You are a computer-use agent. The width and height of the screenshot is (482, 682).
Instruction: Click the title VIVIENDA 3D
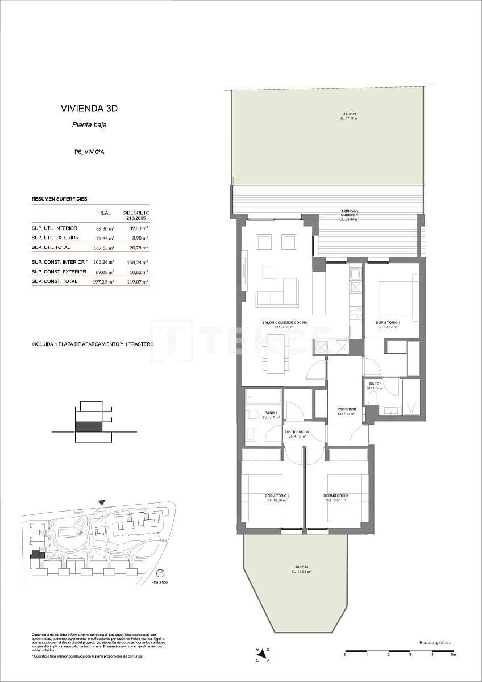click(x=89, y=108)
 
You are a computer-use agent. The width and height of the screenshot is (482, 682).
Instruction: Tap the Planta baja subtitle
click(x=89, y=125)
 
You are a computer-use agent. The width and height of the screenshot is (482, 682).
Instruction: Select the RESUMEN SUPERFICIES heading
click(x=59, y=199)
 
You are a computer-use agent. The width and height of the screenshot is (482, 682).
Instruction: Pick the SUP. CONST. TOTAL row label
click(x=55, y=281)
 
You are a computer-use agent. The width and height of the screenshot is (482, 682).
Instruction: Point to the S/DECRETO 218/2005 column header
click(x=136, y=215)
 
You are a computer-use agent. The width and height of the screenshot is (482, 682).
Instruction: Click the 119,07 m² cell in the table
click(x=138, y=281)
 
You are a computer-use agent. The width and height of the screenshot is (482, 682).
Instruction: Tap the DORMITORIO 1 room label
click(x=387, y=323)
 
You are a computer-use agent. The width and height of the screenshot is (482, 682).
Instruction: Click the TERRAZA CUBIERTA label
click(x=349, y=213)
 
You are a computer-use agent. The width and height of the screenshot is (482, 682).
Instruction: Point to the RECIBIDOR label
click(x=346, y=409)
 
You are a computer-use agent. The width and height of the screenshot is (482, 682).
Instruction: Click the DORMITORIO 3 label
click(x=277, y=496)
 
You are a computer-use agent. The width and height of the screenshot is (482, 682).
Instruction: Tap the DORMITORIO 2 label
click(x=336, y=496)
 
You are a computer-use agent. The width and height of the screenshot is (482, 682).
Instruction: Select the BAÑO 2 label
click(x=270, y=413)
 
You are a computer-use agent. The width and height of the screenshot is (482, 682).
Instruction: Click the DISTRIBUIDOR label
click(x=298, y=432)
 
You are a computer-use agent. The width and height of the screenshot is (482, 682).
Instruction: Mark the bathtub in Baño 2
click(x=264, y=397)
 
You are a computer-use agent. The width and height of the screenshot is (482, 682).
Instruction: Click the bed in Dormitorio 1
click(x=398, y=293)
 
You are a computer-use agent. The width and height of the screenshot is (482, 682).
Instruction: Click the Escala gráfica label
click(x=435, y=642)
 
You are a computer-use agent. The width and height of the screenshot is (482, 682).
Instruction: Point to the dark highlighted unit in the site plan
click(x=37, y=554)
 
